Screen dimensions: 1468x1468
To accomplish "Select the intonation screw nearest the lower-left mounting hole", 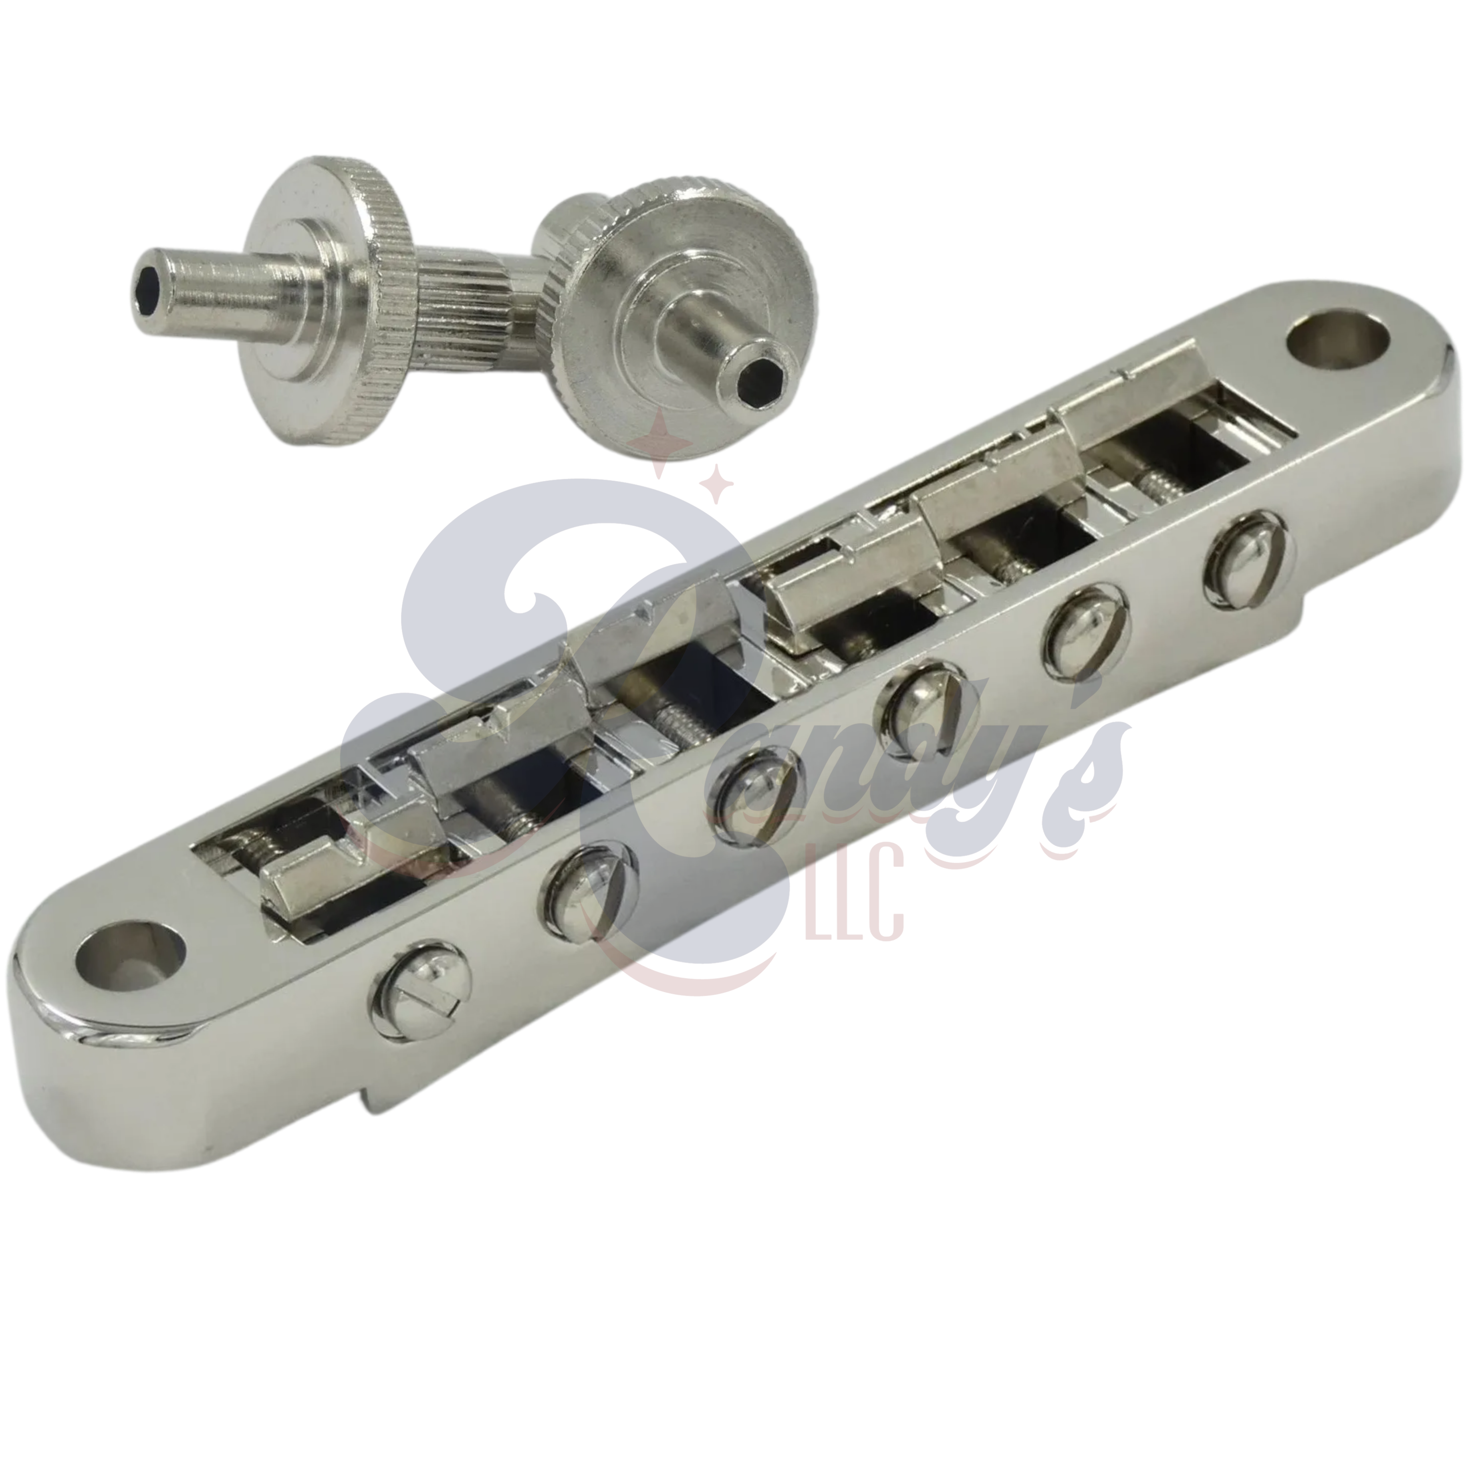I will (x=422, y=989).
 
